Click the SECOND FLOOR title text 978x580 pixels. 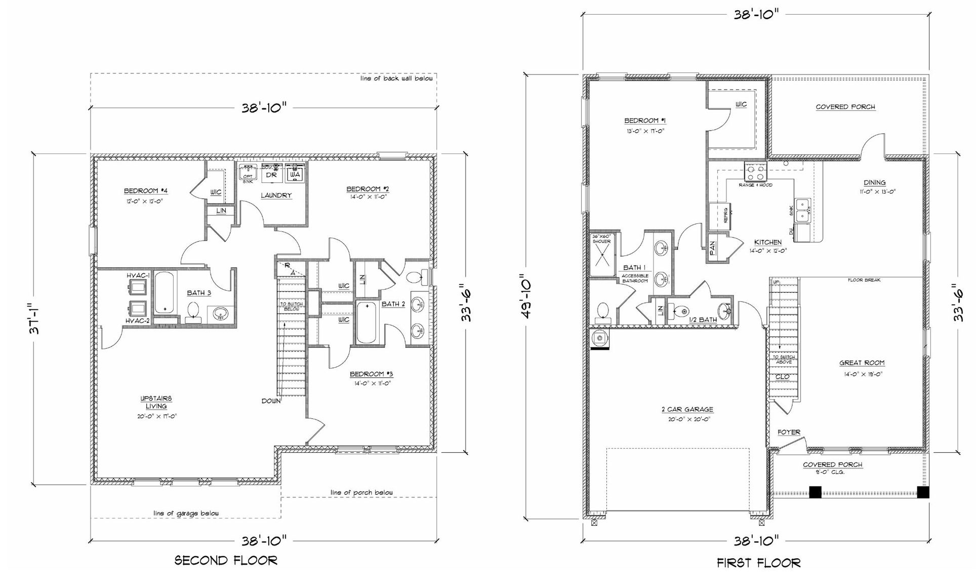[226, 560]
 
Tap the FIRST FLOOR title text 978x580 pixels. [758, 562]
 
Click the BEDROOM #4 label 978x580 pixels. [146, 191]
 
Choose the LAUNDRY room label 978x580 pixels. [276, 196]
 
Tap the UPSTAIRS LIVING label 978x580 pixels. [156, 402]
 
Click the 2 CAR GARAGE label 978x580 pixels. [686, 409]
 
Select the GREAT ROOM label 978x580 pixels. [862, 363]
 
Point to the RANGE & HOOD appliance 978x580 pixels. [755, 172]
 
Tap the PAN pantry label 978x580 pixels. [713, 248]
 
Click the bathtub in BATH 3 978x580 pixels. [164, 293]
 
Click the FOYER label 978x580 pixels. [789, 432]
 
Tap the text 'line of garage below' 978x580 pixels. [186, 513]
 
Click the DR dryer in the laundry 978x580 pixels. [271, 174]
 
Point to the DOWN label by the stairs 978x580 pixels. [271, 401]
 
